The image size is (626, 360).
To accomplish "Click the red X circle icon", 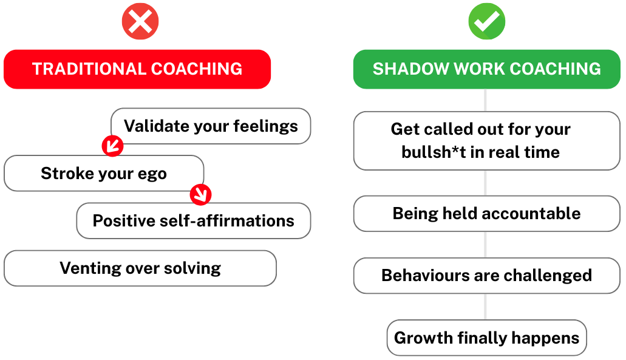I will tap(140, 22).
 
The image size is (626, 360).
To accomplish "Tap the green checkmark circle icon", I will tap(486, 22).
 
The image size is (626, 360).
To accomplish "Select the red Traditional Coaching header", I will tap(137, 69).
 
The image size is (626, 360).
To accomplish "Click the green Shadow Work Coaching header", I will tap(486, 69).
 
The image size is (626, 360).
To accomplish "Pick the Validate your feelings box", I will tap(211, 126).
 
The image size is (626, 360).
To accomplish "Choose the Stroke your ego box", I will tap(104, 174).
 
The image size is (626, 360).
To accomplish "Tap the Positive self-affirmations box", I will tap(193, 220).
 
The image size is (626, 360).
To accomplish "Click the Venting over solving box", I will tap(140, 268).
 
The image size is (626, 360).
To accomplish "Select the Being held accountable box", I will tap(486, 214).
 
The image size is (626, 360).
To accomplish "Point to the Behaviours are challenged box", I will tap(486, 275).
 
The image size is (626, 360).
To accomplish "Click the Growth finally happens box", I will tap(486, 338).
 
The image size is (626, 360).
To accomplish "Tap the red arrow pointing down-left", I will tap(112, 146).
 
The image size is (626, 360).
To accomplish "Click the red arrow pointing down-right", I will tap(200, 194).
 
